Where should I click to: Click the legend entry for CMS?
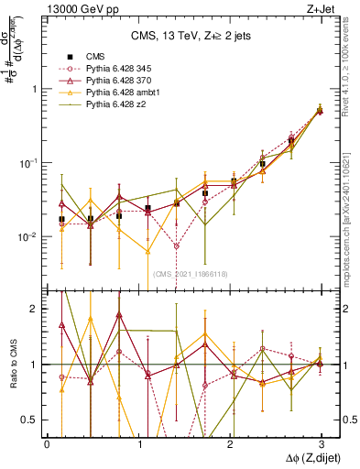pyautogui.click(x=93, y=54)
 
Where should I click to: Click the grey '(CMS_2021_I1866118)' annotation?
pyautogui.click(x=191, y=274)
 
